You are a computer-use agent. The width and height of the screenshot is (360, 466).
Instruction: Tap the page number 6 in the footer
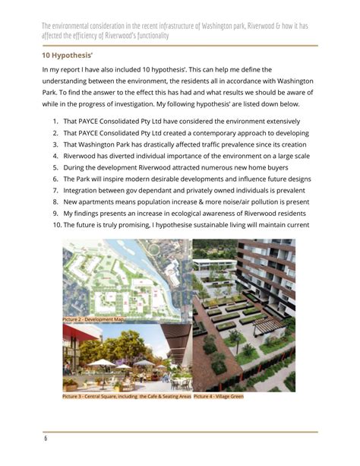(x=45, y=439)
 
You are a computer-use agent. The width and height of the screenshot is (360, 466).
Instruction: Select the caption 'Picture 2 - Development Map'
(x=93, y=320)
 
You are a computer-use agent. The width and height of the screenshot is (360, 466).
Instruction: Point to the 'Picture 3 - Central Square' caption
(x=126, y=396)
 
